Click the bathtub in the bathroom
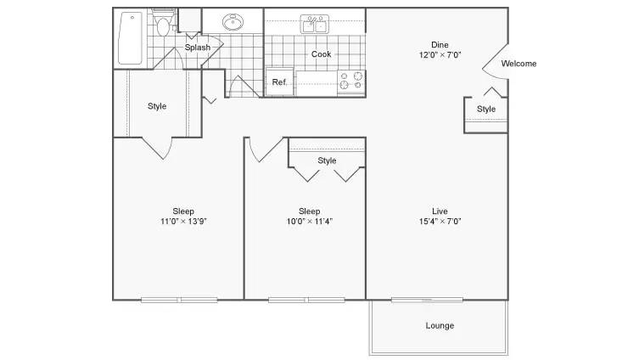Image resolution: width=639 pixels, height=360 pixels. tap(130, 38)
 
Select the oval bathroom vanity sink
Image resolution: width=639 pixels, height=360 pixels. tap(233, 22)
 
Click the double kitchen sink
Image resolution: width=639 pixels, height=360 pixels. tap(315, 24)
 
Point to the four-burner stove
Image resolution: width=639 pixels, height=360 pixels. tap(351, 81)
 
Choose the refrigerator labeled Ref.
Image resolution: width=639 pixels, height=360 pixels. tap(279, 82)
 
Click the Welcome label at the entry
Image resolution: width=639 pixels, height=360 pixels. tap(518, 63)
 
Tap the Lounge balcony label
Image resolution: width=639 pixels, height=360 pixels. tap(440, 325)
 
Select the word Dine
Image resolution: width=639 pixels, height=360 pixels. tap(440, 44)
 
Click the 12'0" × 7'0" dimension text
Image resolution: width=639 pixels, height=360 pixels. tap(440, 54)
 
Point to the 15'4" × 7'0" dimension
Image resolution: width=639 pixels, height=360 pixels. tap(440, 221)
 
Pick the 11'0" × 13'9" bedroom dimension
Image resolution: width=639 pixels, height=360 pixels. tap(183, 221)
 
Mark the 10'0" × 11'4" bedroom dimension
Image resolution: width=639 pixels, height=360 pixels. tap(309, 221)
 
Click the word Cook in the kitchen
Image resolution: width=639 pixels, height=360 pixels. tap(321, 53)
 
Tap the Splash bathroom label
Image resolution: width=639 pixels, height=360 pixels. tap(198, 48)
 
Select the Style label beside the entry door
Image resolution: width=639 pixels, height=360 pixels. tap(486, 109)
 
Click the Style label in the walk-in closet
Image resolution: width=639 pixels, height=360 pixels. tap(157, 106)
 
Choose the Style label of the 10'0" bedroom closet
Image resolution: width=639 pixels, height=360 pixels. tap(327, 160)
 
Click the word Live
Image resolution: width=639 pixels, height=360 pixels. tap(440, 211)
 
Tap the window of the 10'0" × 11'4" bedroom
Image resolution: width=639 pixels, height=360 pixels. tap(306, 300)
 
